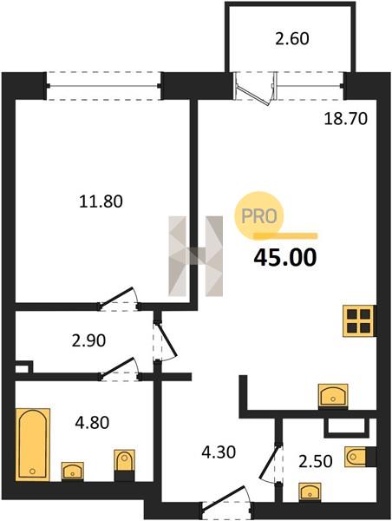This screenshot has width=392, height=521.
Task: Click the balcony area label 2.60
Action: point(292,39)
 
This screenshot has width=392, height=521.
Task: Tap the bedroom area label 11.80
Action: point(101,201)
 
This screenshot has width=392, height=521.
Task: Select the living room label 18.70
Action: point(345,119)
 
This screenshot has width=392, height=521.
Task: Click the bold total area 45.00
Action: point(285,258)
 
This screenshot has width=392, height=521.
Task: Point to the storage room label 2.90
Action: point(88,340)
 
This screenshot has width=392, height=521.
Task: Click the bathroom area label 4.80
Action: point(92,423)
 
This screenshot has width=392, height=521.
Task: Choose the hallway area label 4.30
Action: point(219,452)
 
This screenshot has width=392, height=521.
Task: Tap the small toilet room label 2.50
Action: point(316,462)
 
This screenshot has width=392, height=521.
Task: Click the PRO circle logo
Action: point(259,216)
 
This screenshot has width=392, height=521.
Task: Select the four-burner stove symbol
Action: point(359,321)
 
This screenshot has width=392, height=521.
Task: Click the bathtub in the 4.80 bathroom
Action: point(33,445)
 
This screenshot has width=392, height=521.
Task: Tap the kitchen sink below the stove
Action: point(333,395)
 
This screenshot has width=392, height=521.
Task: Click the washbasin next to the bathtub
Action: point(72,471)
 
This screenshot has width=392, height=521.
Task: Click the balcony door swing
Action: point(256,87)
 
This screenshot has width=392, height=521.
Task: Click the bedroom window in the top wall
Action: point(103,86)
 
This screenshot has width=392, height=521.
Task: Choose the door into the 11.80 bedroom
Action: point(119,298)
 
